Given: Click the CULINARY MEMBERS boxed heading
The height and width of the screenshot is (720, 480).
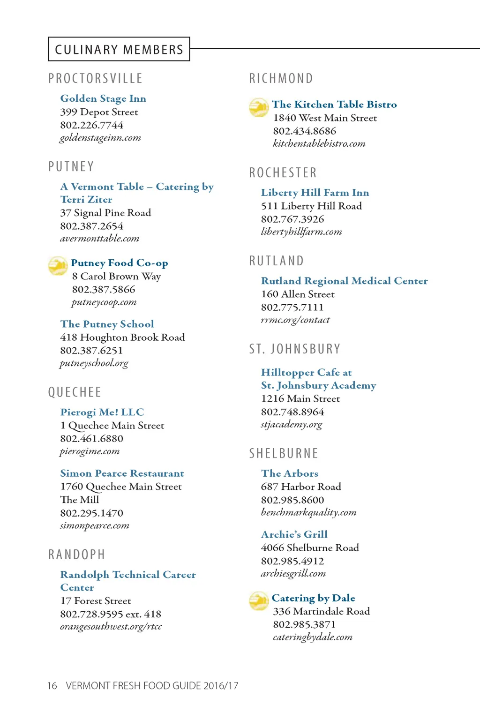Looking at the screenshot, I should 119,49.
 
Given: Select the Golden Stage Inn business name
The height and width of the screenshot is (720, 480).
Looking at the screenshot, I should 103,98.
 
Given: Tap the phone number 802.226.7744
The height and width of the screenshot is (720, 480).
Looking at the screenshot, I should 91,125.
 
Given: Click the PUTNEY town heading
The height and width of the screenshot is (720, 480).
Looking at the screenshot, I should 71,166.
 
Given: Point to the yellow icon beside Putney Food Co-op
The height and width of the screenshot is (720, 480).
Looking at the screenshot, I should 58,265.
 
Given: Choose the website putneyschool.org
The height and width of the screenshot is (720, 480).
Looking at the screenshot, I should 94,363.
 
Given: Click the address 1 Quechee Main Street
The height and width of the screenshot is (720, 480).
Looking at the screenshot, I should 112,426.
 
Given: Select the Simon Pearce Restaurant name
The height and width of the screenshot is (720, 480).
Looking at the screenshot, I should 122,473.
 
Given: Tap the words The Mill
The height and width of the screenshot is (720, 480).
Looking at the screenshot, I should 80,500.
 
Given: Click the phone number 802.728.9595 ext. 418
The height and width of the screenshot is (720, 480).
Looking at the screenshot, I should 111,614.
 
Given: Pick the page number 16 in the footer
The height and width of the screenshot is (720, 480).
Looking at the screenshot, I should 52,686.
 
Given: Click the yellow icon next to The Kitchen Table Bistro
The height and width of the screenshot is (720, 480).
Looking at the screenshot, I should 259,107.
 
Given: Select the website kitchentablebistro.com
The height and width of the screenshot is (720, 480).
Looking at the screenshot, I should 319,144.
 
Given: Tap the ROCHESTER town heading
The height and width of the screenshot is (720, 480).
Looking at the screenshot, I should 283,172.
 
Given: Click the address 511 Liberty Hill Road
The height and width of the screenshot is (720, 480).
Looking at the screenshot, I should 311,206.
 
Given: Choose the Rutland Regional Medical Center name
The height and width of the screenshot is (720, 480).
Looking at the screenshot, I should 344,281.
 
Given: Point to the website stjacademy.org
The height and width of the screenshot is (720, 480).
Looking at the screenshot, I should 292,425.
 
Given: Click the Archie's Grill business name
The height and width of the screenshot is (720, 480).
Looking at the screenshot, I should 294,534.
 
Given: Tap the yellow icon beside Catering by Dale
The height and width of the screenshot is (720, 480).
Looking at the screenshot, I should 259,601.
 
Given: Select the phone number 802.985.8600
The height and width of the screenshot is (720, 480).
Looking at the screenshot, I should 292,500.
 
